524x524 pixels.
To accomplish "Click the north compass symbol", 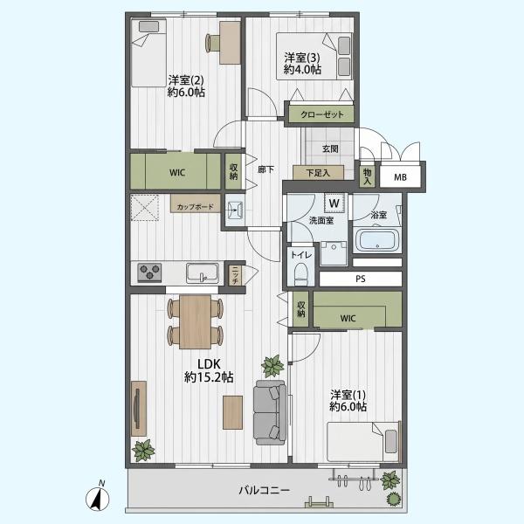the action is tap(98, 497).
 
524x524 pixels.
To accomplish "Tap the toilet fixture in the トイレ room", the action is tap(301, 273).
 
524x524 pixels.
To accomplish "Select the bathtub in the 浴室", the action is tap(377, 240).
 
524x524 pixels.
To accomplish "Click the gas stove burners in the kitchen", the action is tap(149, 272).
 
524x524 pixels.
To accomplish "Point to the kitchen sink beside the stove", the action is tap(203, 272).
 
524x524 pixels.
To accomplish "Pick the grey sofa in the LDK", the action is tap(270, 412).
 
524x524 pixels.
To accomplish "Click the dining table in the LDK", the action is tap(196, 321).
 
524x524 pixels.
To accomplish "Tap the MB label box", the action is tap(400, 177).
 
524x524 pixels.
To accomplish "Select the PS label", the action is tap(361, 279).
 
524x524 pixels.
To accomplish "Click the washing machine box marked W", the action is tap(334, 203).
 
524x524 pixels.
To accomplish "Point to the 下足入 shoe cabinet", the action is tap(318, 173).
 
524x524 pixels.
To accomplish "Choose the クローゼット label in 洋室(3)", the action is tap(321, 114).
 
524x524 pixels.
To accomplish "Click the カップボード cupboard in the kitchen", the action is tap(195, 203).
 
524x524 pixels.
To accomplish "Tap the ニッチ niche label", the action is tap(235, 275).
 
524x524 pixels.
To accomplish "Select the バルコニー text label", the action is tap(265, 491).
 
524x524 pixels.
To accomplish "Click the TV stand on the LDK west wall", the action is tap(139, 409).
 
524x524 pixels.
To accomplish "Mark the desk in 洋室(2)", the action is tap(230, 43).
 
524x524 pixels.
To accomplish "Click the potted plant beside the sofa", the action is tap(273, 366).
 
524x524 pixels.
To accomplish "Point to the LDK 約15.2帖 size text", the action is tap(209, 377).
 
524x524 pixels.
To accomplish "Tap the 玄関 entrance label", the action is tap(330, 148).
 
